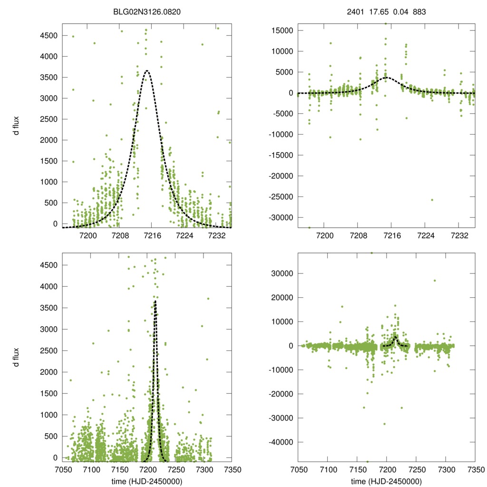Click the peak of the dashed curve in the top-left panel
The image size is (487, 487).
tap(147, 71)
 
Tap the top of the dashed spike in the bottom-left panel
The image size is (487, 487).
tap(155, 301)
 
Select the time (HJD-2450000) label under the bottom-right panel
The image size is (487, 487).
tap(386, 481)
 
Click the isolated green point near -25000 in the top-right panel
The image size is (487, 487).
tap(432, 200)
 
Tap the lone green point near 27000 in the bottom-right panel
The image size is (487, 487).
tap(434, 281)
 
